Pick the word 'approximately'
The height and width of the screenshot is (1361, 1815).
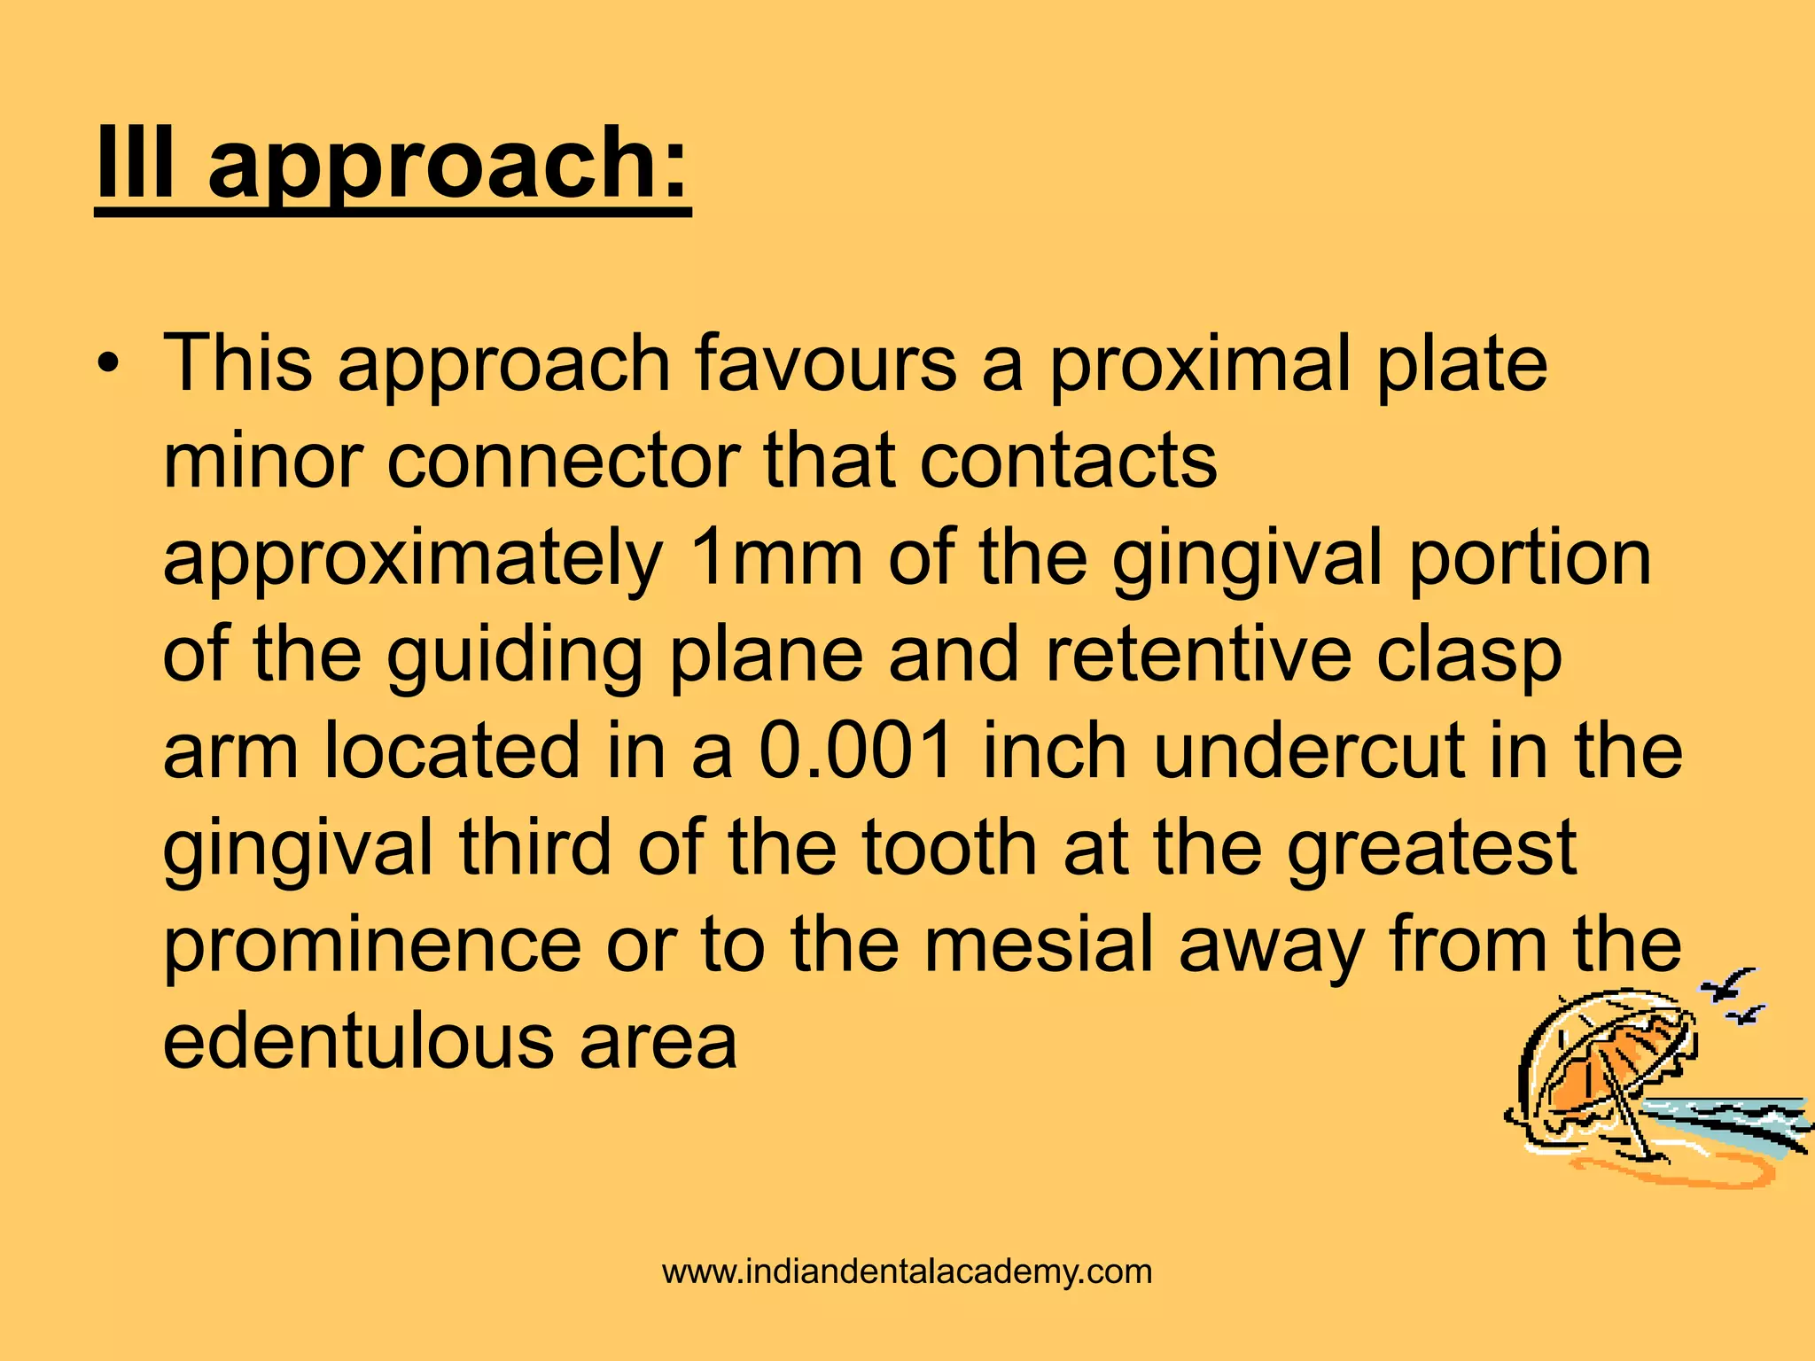[413, 561]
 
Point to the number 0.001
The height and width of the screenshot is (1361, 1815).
[855, 750]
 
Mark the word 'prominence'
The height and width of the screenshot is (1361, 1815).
[372, 946]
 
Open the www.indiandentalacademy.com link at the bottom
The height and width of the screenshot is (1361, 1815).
[907, 1272]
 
